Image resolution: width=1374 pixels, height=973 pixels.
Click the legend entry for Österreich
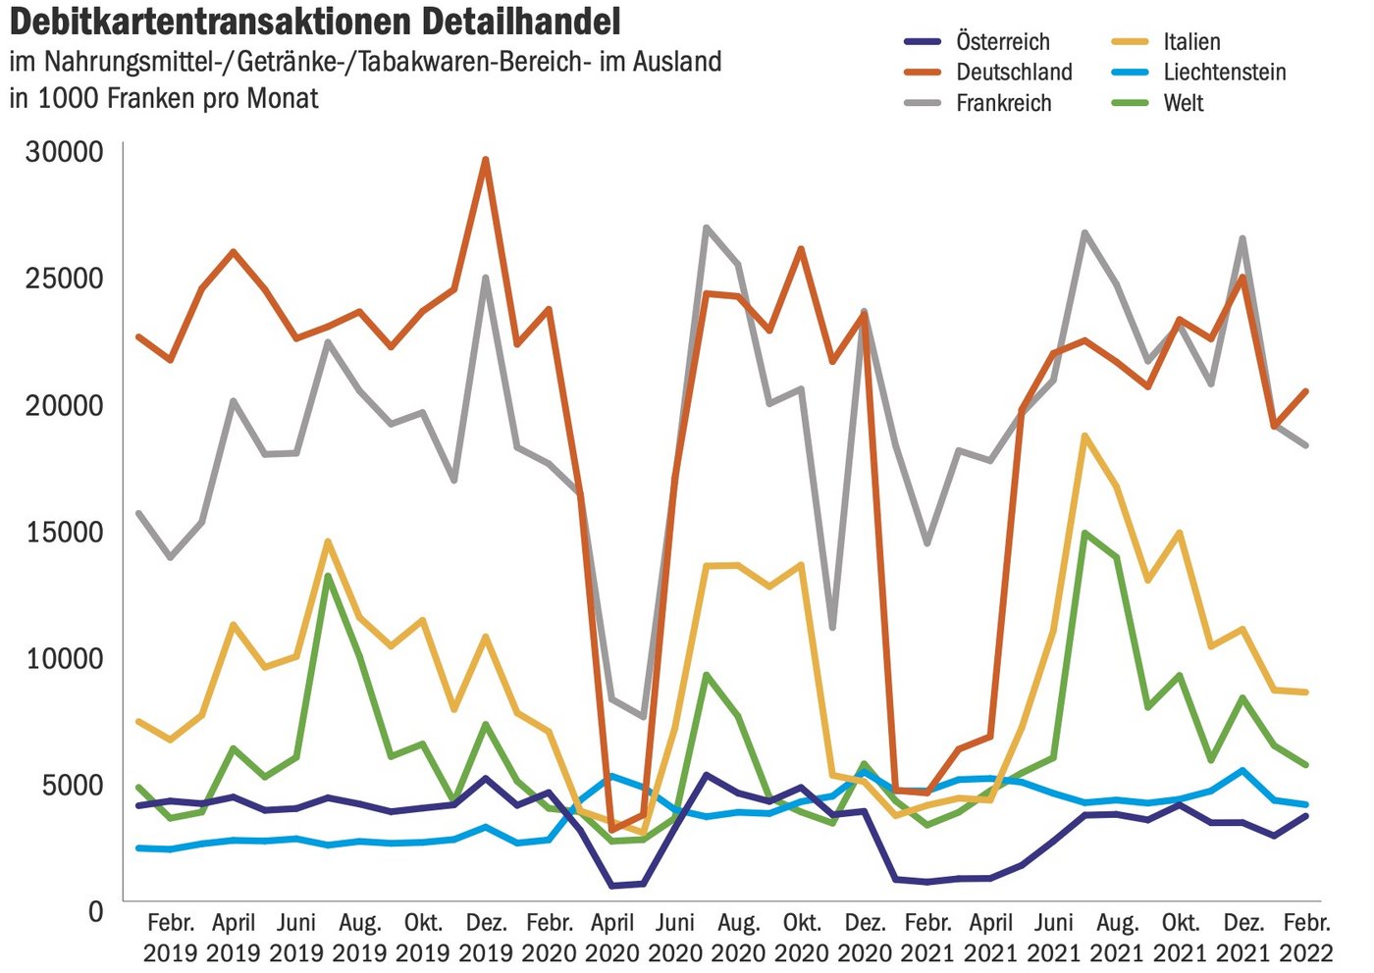click(1002, 41)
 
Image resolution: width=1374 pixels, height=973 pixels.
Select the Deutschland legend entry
click(1014, 72)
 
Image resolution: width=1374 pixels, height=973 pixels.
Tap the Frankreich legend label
click(1003, 103)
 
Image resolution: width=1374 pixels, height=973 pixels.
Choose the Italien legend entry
click(1191, 41)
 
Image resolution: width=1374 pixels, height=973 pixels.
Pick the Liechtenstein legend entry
click(1224, 72)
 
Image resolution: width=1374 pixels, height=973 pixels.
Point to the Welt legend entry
click(1183, 103)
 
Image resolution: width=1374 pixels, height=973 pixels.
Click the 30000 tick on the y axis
click(65, 151)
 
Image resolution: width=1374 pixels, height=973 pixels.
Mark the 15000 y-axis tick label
click(65, 532)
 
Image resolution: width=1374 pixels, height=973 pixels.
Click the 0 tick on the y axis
click(95, 911)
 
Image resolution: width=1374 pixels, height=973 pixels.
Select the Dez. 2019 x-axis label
click(486, 937)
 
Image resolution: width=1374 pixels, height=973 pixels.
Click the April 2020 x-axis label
click(612, 937)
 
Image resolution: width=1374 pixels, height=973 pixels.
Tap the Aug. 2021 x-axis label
click(1117, 937)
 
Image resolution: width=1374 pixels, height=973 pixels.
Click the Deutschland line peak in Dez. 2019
click(485, 160)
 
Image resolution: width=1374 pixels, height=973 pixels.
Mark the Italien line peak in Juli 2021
click(1084, 435)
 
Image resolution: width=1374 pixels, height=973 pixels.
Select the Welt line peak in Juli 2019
click(328, 576)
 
